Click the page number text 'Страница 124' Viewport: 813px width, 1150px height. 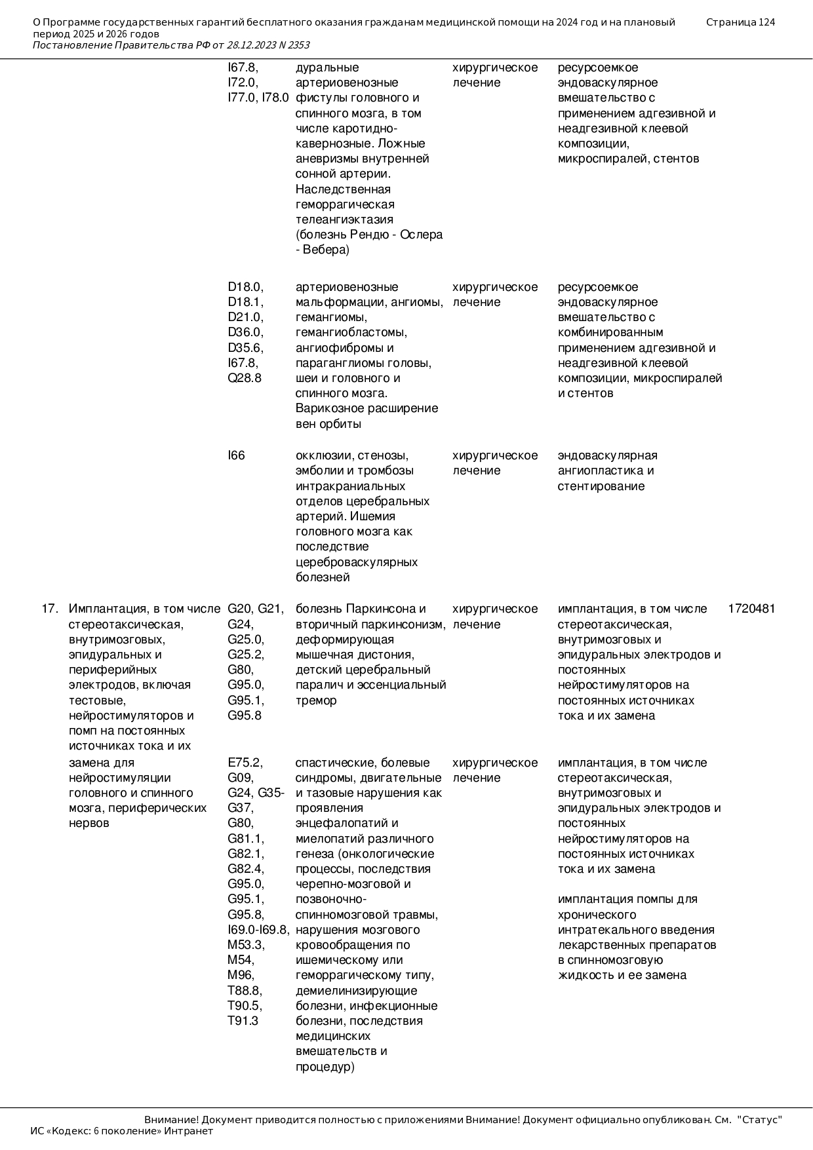click(x=740, y=22)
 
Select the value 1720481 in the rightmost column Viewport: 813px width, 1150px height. click(x=751, y=609)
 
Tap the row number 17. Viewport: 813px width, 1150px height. click(x=50, y=609)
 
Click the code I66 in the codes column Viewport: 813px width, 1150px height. click(x=236, y=455)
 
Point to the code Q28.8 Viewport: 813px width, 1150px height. click(x=245, y=378)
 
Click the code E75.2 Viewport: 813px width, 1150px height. click(x=245, y=763)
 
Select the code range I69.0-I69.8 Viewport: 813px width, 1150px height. click(x=258, y=930)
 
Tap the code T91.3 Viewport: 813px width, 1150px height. click(x=243, y=1021)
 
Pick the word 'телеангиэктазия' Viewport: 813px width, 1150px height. click(x=344, y=220)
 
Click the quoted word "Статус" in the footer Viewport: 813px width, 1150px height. click(x=760, y=1120)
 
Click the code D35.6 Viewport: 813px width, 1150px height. click(x=245, y=348)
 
